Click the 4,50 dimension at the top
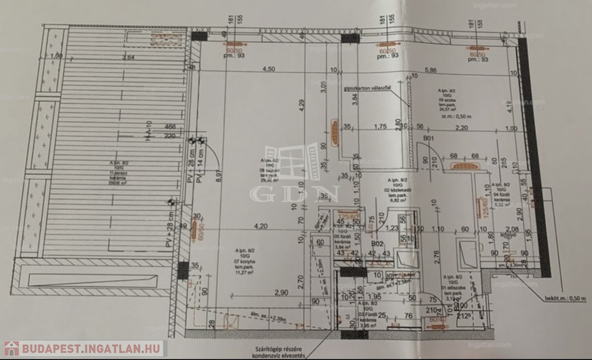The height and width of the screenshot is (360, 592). (x=268, y=69)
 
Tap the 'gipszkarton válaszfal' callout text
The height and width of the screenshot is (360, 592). (x=368, y=88)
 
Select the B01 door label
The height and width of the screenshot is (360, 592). (x=429, y=139)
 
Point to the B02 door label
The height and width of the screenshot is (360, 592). (x=378, y=244)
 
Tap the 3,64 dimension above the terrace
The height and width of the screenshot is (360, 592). (x=128, y=57)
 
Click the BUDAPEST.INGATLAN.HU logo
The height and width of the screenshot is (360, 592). (x=85, y=348)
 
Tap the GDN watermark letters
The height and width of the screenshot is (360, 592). (x=294, y=194)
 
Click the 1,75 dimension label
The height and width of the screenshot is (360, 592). (x=380, y=127)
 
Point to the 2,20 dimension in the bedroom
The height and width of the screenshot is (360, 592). (x=461, y=127)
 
